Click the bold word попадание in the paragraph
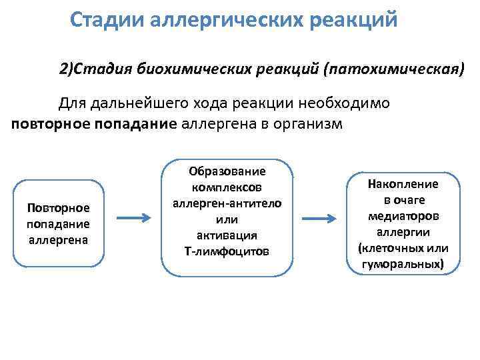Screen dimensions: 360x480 pyautogui.click(x=137, y=123)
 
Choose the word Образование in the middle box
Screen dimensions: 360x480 pyautogui.click(x=227, y=171)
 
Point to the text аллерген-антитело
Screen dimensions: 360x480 pyautogui.click(x=227, y=203)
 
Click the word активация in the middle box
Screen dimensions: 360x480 pyautogui.click(x=227, y=235)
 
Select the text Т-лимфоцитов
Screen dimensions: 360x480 pyautogui.click(x=227, y=251)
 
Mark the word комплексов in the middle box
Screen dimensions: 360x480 pyautogui.click(x=227, y=187)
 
